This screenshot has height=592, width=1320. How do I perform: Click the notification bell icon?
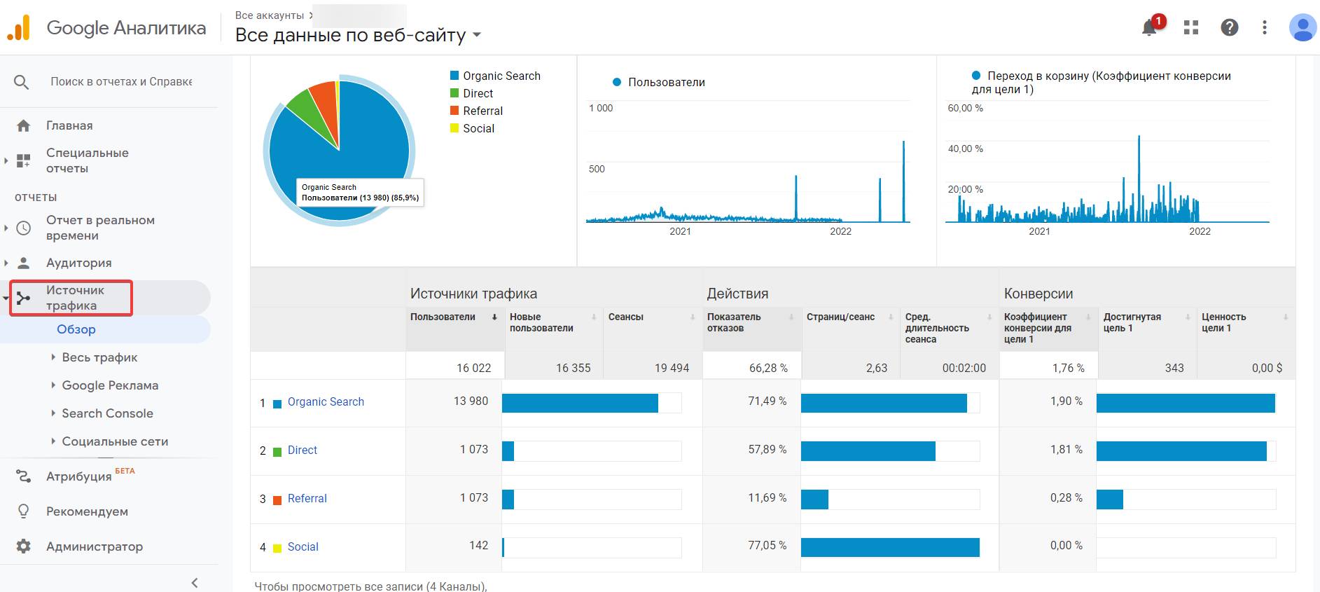(x=1149, y=27)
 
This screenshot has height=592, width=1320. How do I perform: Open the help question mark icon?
(x=1230, y=27)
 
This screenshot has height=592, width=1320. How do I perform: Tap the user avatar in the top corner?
(x=1302, y=27)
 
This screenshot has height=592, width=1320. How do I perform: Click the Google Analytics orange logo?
(x=19, y=28)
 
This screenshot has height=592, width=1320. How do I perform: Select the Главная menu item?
(x=69, y=125)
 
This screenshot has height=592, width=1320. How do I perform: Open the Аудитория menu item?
(x=79, y=263)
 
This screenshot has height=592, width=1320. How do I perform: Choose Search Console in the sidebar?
(x=107, y=413)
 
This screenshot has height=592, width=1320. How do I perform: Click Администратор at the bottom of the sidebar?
(x=95, y=546)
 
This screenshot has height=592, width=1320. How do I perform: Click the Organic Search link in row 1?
(x=326, y=402)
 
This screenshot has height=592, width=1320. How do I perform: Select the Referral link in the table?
(x=307, y=499)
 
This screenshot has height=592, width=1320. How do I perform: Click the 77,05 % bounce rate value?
(x=767, y=546)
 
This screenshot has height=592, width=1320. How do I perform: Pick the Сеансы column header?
(x=626, y=317)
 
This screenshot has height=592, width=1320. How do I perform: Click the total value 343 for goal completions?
(x=1174, y=368)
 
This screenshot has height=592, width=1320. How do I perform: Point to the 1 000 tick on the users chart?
(x=601, y=108)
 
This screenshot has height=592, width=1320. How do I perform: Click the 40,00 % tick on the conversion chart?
(x=966, y=149)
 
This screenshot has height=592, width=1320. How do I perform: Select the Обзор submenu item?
(x=76, y=329)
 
